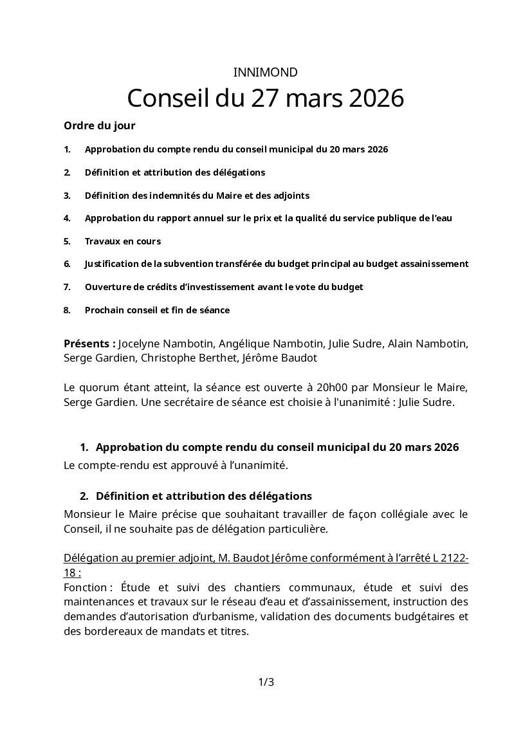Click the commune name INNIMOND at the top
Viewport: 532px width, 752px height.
click(x=266, y=73)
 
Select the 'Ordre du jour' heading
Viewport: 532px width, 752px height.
click(x=100, y=125)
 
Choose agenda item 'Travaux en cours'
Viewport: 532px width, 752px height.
click(x=123, y=241)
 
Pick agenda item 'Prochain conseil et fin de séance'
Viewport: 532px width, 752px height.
click(x=157, y=310)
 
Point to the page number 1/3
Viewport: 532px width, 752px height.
click(x=266, y=682)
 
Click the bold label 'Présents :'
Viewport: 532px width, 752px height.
click(x=89, y=344)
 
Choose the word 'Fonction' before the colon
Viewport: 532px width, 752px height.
click(x=85, y=587)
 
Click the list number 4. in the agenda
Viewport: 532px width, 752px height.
click(x=67, y=218)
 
